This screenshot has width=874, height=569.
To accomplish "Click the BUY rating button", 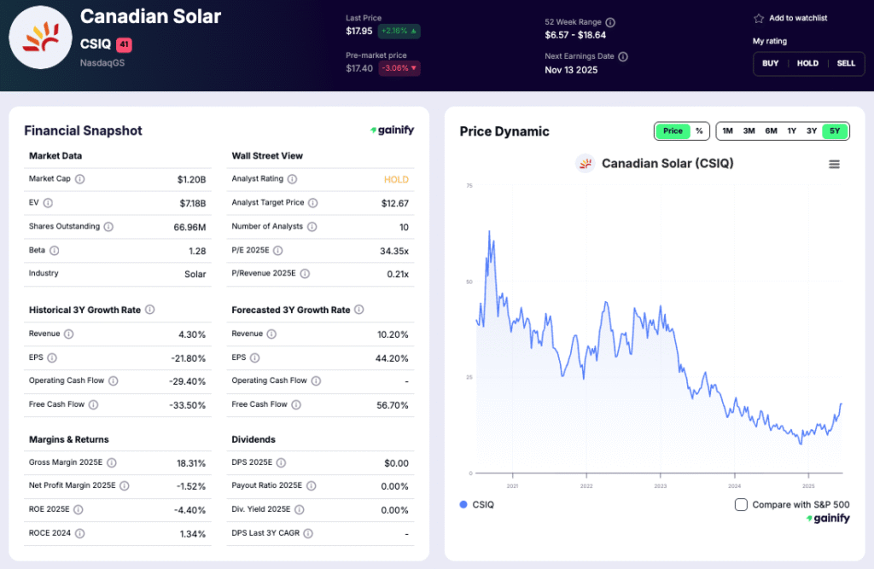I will (x=770, y=63).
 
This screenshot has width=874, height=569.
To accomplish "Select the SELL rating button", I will (x=845, y=63).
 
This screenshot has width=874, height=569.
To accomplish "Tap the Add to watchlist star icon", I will (x=758, y=18).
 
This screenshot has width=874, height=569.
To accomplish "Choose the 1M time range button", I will (x=727, y=131).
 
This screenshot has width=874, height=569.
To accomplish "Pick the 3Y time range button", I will (x=812, y=131).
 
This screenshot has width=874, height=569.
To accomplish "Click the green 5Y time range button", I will (x=835, y=131).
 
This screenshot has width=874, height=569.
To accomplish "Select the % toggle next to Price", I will (x=699, y=131).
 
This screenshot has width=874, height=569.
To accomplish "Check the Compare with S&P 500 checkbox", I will (x=741, y=504).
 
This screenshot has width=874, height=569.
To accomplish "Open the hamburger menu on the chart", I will (x=834, y=164).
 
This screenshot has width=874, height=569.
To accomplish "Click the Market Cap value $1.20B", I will (x=191, y=180).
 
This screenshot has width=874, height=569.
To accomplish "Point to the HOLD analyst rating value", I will (x=396, y=180).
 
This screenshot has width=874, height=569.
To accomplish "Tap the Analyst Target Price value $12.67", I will (x=394, y=203).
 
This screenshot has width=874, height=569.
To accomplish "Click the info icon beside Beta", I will (x=55, y=250).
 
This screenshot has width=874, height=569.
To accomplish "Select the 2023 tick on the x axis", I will (x=660, y=485).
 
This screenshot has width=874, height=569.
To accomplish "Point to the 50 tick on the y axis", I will (x=469, y=282).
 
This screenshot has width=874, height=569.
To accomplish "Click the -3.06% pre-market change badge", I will (x=399, y=68).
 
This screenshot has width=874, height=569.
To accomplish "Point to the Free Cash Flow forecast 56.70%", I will (x=392, y=405).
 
